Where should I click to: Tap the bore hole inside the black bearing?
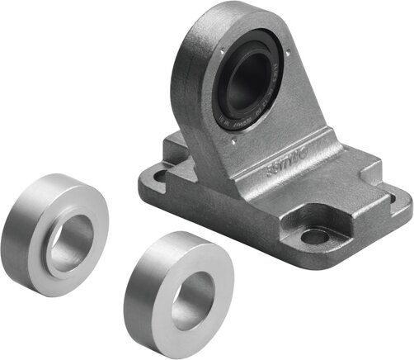pos(248,82)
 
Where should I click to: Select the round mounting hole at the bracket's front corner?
pos(314,237)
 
